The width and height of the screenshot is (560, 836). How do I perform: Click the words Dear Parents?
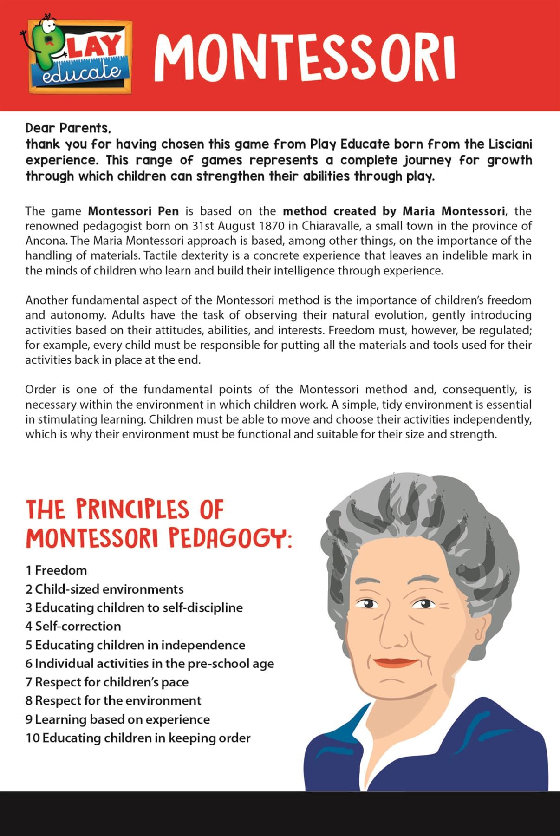point(68,128)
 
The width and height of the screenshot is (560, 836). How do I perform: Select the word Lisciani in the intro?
point(510,144)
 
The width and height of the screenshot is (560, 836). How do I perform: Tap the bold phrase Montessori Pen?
point(133,211)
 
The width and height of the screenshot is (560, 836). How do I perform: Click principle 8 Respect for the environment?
point(113,700)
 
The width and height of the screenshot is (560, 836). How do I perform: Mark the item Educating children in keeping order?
point(138,738)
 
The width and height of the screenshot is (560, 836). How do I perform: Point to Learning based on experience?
point(117,719)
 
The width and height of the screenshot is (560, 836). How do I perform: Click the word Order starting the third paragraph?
point(40,389)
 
